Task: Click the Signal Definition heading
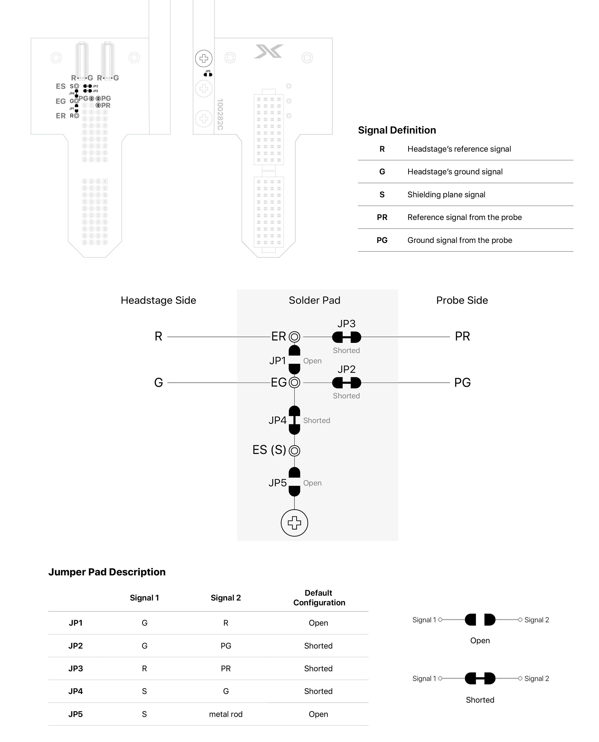[x=397, y=130]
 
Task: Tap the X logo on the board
[x=269, y=51]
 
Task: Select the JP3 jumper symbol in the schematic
[x=346, y=337]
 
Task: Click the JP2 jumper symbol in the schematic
[x=346, y=383]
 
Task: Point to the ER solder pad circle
[x=294, y=337]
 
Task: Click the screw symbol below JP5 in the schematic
[x=294, y=523]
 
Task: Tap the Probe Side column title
[x=462, y=300]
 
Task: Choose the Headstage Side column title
[x=158, y=300]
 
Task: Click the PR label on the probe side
[x=462, y=337]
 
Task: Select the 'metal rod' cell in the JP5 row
[x=226, y=714]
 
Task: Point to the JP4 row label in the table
[x=76, y=691]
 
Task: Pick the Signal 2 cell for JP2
[x=226, y=646]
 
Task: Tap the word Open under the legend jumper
[x=480, y=641]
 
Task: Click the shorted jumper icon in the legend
[x=480, y=678]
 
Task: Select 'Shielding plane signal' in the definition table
[x=446, y=195]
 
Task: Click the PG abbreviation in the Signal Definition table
[x=382, y=240]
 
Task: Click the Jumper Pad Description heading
[x=107, y=572]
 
